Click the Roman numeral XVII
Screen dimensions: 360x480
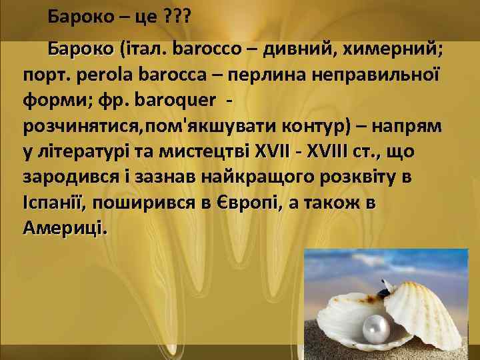pyautogui.click(x=274, y=152)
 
